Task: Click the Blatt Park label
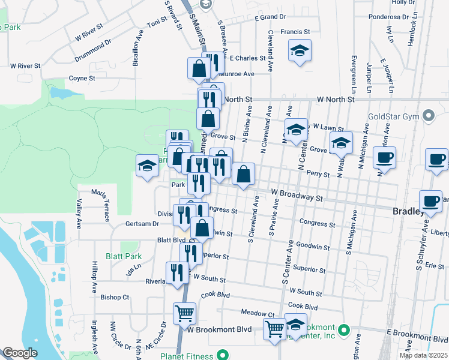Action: pyautogui.click(x=124, y=256)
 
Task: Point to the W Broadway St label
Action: pyautogui.click(x=297, y=195)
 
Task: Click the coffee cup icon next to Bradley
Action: pyautogui.click(x=430, y=203)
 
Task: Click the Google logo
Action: pyautogui.click(x=20, y=353)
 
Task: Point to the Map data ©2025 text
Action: pyautogui.click(x=423, y=355)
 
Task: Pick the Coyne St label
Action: pyautogui.click(x=82, y=78)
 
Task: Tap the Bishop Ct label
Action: pyautogui.click(x=115, y=297)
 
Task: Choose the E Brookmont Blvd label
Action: pyautogui.click(x=415, y=332)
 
